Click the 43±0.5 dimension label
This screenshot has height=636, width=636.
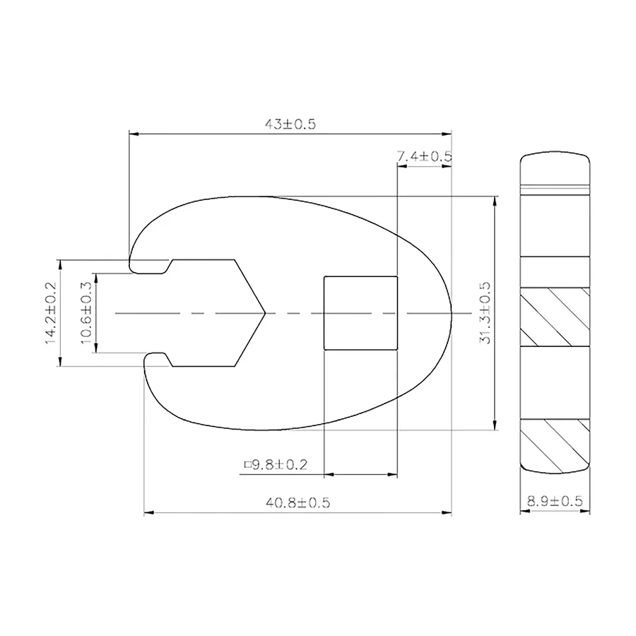point(290,124)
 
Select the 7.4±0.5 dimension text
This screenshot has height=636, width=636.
point(424,155)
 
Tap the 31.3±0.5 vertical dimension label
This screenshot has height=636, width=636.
point(485,313)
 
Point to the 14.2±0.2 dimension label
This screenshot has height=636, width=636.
point(50,313)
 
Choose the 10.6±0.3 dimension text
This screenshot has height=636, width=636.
point(86,313)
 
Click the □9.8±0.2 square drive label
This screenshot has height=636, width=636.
point(276,464)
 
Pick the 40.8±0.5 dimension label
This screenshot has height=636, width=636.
point(298,503)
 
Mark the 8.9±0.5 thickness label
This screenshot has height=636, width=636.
point(555,501)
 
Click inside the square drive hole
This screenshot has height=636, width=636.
point(360,313)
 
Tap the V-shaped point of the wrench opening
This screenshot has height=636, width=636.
point(265,313)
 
